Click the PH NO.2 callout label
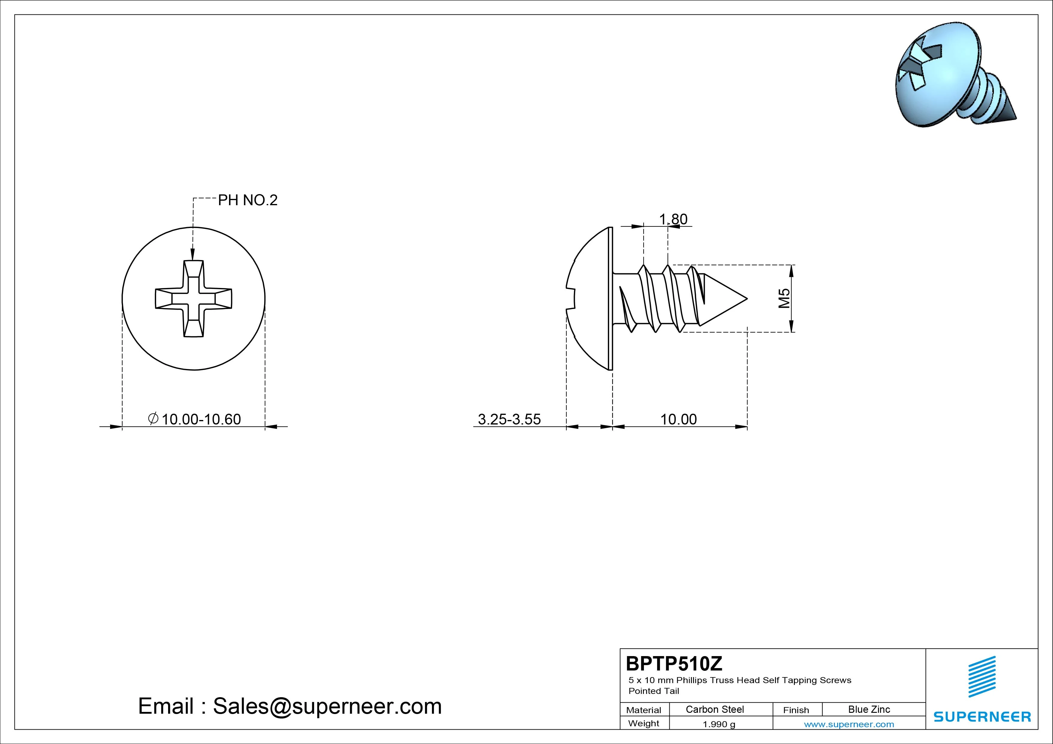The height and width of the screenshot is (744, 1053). tap(248, 200)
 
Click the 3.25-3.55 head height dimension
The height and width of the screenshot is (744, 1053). tap(509, 419)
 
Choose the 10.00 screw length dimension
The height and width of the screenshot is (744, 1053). tap(678, 419)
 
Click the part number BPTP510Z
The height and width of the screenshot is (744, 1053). tap(674, 663)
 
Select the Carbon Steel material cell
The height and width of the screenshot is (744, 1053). tap(714, 709)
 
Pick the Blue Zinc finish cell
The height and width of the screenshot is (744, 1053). tap(869, 709)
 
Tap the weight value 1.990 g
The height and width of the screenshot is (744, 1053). tap(719, 724)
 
